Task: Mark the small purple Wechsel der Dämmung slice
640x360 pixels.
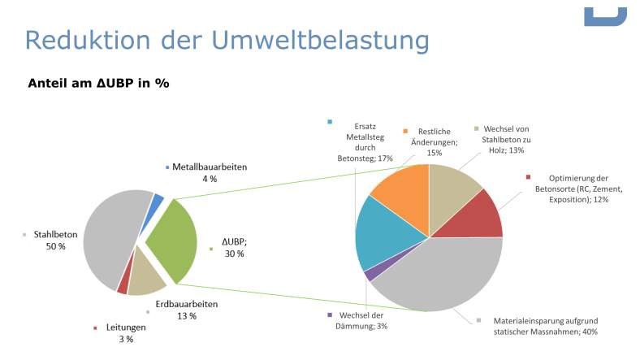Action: (x=370, y=275)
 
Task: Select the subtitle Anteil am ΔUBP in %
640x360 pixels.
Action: (x=98, y=83)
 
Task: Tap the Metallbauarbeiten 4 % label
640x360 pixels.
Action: (x=209, y=172)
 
